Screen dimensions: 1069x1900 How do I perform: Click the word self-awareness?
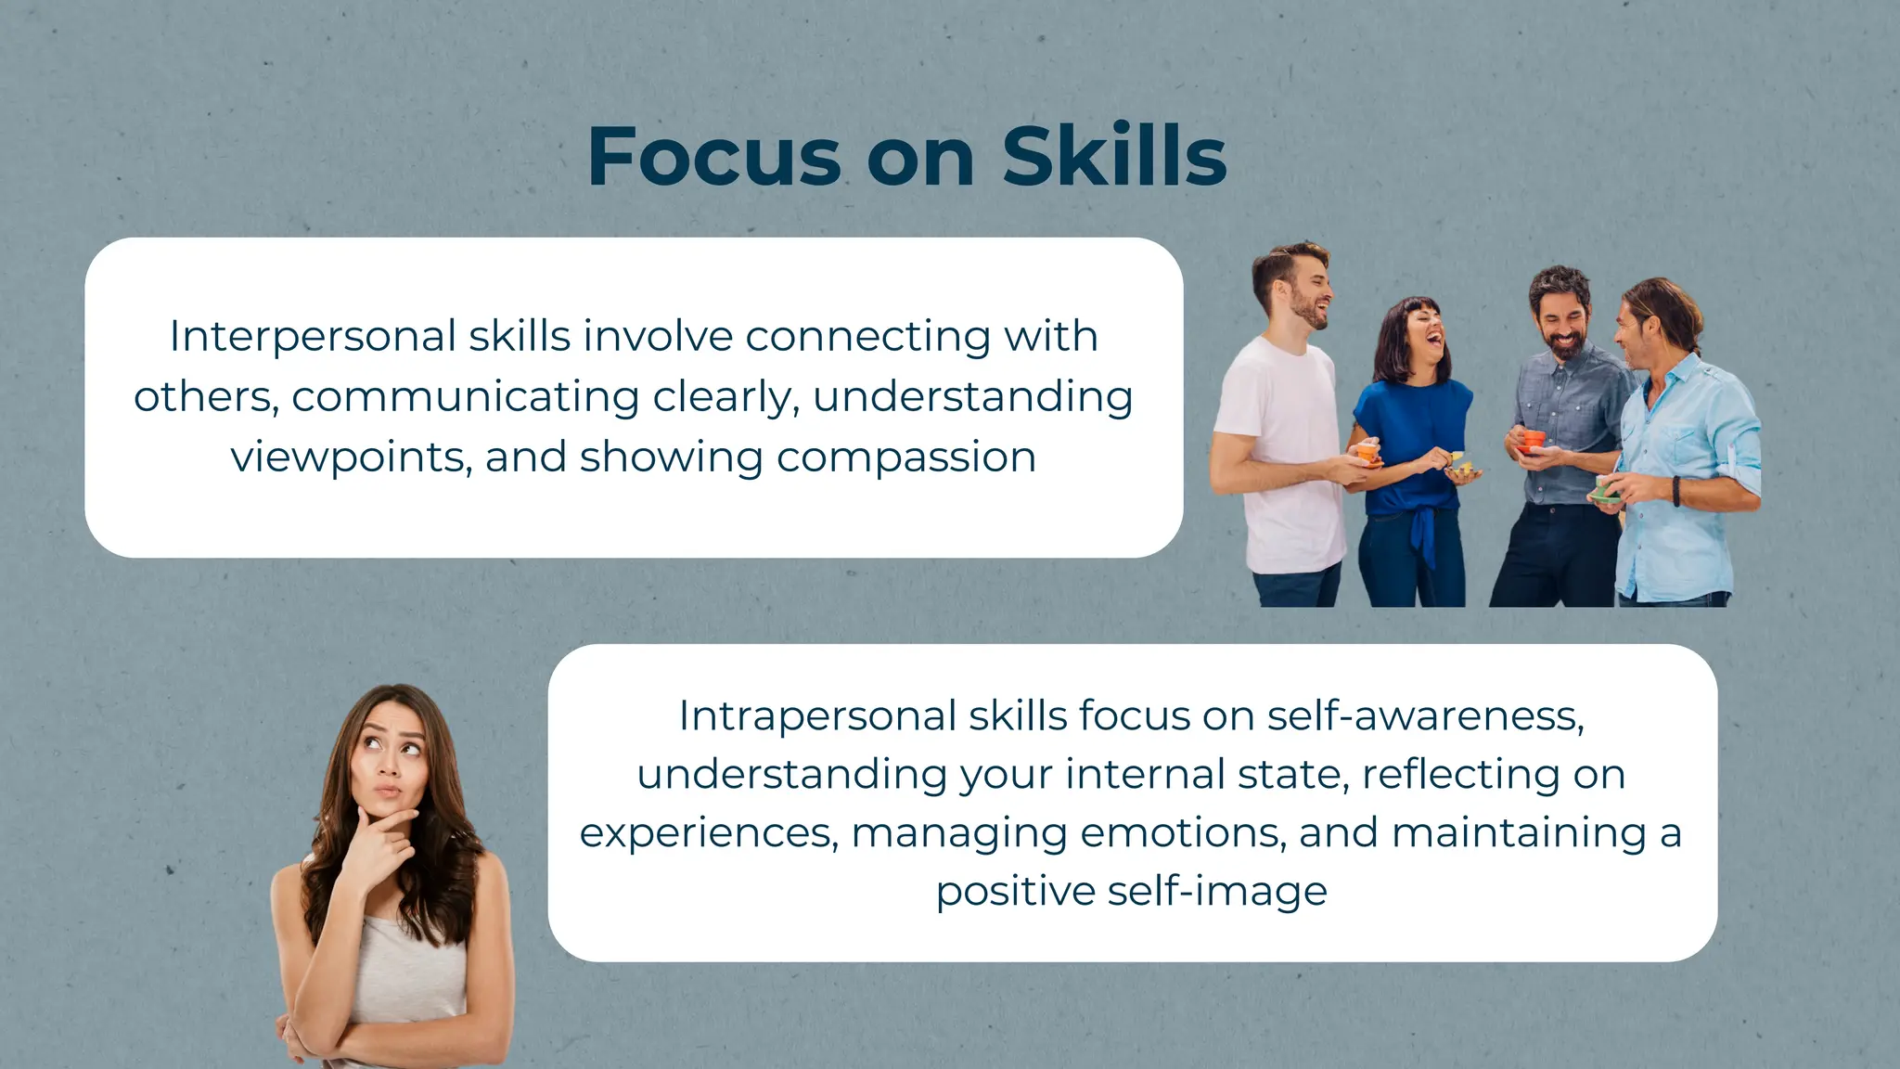click(x=1425, y=715)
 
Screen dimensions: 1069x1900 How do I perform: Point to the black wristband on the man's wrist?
click(x=1676, y=490)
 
